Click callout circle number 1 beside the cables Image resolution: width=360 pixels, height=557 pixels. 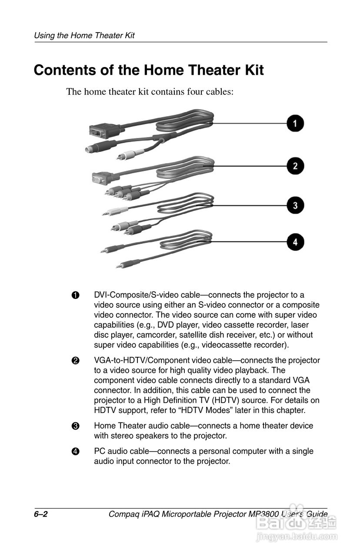295,123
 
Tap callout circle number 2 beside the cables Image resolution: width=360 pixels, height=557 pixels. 295,166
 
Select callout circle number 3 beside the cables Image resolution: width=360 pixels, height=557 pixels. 295,205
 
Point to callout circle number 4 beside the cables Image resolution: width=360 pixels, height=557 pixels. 295,242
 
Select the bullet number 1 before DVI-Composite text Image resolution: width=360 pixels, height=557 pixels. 75,295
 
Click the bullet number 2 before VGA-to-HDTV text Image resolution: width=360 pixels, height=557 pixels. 75,361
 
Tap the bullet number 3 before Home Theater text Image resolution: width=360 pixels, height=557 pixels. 75,426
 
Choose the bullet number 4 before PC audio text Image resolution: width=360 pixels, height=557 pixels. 75,451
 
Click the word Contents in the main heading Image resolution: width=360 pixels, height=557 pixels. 65,70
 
